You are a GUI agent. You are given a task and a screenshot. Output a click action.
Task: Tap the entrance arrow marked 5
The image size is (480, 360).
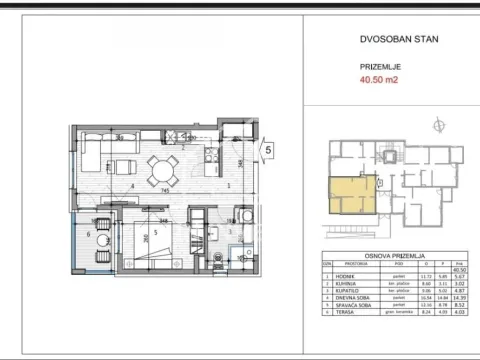tap(267, 151)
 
